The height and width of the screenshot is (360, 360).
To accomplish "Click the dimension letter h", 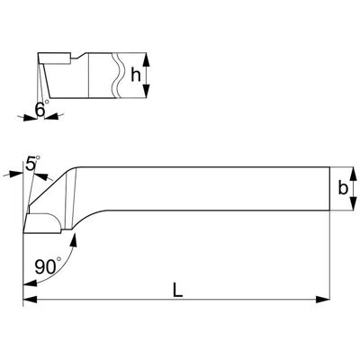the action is (x=136, y=75).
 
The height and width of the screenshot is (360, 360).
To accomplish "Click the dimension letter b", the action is (x=343, y=188).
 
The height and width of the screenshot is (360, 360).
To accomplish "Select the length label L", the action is (x=177, y=291).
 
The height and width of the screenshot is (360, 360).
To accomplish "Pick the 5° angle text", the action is (x=32, y=164).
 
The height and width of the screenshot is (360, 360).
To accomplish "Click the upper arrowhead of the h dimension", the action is (x=146, y=60).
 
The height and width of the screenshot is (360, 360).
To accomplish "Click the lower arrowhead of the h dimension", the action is (x=146, y=91).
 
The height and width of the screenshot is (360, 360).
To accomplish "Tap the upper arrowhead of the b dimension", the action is (x=353, y=174).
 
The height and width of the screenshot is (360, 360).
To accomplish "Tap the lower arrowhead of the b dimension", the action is (x=353, y=203).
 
